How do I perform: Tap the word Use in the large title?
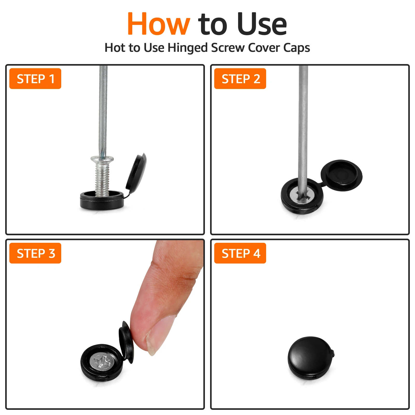coord(262,24)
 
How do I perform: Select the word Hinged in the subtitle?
coord(188,48)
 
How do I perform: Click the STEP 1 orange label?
coord(35,79)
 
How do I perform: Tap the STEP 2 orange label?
coord(240,79)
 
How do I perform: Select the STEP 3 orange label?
coord(35,253)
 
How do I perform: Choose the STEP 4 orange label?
coord(240,253)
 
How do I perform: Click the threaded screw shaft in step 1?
coord(102,179)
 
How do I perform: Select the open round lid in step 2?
coord(341,175)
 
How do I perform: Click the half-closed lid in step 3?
coord(126,342)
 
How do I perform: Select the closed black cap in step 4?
coord(311,358)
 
